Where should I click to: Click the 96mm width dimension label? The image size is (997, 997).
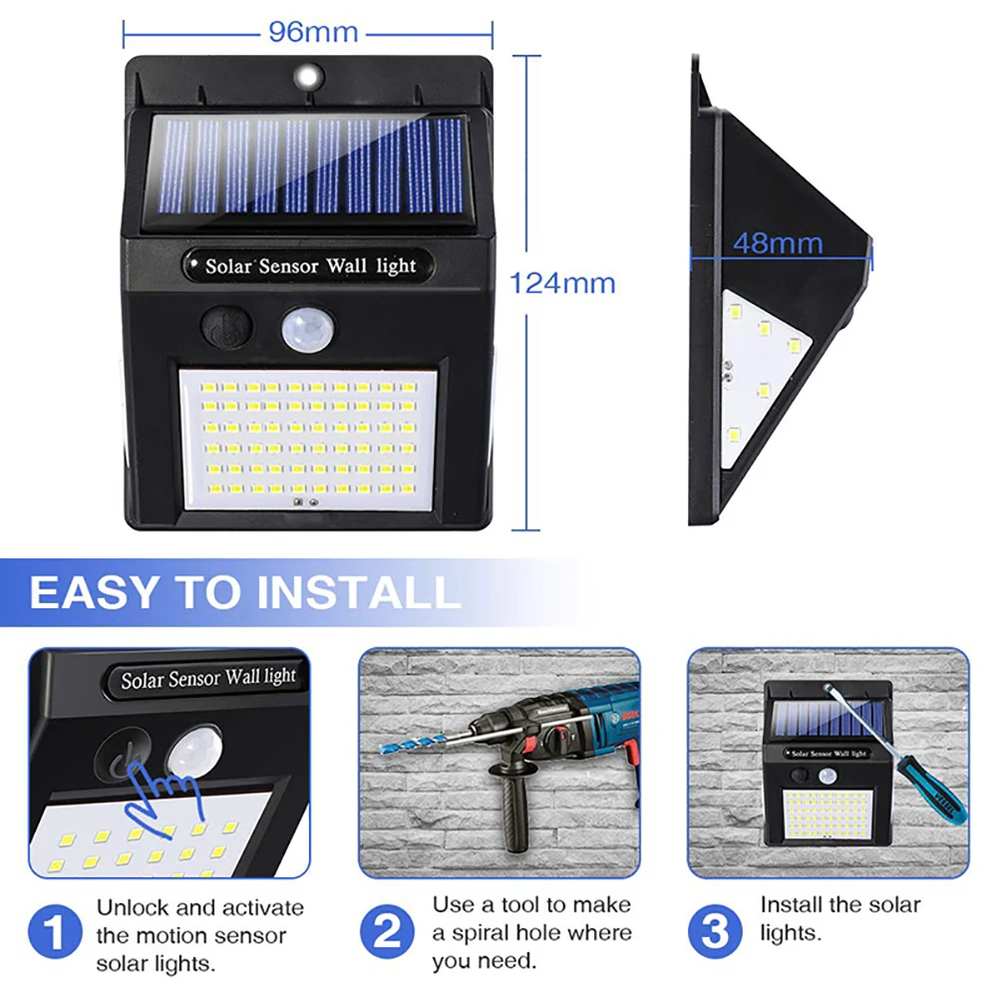pyautogui.click(x=313, y=32)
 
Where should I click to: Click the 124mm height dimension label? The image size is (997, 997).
pyautogui.click(x=562, y=283)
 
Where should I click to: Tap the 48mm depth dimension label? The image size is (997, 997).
pyautogui.click(x=778, y=243)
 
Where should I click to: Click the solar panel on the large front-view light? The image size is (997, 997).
pyautogui.click(x=310, y=166)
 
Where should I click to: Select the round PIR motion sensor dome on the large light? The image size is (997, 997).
pyautogui.click(x=308, y=329)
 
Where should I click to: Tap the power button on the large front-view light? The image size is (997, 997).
pyautogui.click(x=225, y=327)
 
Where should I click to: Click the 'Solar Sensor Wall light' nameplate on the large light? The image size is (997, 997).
pyautogui.click(x=309, y=266)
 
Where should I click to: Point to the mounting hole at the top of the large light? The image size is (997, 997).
pyautogui.click(x=309, y=78)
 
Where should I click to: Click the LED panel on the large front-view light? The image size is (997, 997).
pyautogui.click(x=308, y=439)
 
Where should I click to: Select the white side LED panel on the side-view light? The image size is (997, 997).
pyautogui.click(x=761, y=378)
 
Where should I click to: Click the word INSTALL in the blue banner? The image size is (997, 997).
pyautogui.click(x=359, y=592)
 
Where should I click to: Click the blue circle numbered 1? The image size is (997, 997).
pyautogui.click(x=55, y=931)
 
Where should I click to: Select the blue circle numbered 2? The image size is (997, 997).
pyautogui.click(x=387, y=931)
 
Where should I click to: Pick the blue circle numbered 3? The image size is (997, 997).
pyautogui.click(x=715, y=931)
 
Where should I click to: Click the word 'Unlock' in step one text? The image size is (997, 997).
pyautogui.click(x=133, y=907)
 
